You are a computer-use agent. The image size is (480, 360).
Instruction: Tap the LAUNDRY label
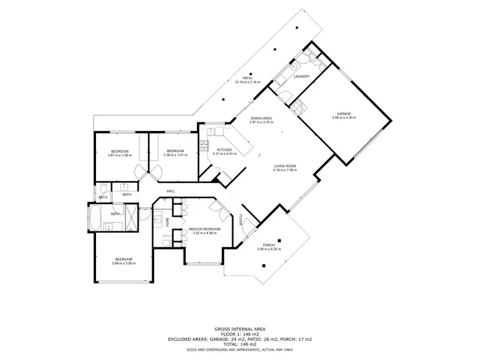(301, 77)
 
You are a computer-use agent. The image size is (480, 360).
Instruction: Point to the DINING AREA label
(261, 118)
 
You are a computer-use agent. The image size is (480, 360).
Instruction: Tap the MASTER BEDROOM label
(205, 229)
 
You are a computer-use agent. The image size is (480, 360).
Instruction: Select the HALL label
(171, 191)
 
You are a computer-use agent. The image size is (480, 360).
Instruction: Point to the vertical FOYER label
(241, 219)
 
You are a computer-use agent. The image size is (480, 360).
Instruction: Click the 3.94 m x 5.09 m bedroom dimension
(124, 263)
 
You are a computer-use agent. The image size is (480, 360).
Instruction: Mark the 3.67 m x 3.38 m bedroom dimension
(120, 155)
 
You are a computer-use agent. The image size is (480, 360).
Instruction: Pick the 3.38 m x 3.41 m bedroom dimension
(175, 155)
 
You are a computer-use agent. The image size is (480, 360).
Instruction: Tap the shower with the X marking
(129, 217)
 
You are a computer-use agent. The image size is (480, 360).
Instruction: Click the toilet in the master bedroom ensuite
(165, 242)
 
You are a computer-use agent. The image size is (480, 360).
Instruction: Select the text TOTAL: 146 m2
(239, 343)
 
